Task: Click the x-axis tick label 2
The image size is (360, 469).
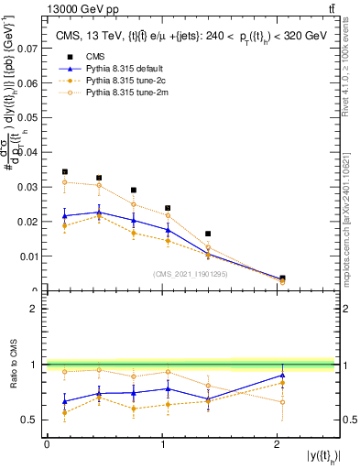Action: [276, 444]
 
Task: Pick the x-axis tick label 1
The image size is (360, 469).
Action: [161, 444]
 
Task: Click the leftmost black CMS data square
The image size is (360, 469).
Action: [64, 172]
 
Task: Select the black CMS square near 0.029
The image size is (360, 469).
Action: [134, 191]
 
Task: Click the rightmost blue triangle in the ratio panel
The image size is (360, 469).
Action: [282, 376]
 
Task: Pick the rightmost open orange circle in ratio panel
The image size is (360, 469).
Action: [282, 402]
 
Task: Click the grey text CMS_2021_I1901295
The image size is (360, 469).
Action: [191, 274]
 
